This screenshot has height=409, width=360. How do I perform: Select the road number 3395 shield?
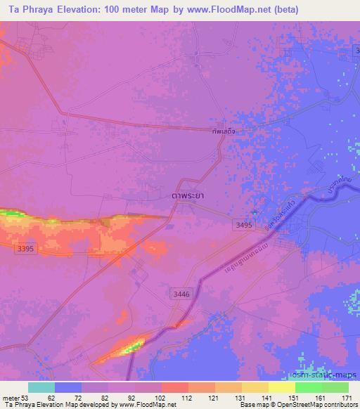coord(25,248)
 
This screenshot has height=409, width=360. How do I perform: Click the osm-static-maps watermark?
coord(324,378)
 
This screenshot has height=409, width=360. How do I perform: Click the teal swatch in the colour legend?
coord(41,387)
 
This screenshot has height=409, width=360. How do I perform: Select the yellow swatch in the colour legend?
coord(282,387)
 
